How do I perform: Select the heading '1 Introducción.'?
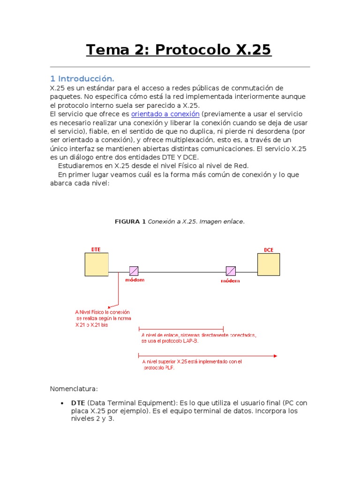(82, 78)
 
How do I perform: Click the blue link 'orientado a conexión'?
(165, 114)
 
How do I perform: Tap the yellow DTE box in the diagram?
(97, 264)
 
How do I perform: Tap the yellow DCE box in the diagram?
(269, 264)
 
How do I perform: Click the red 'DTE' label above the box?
(96, 249)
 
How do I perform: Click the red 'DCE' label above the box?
(269, 250)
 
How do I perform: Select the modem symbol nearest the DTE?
(134, 271)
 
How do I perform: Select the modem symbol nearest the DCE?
(231, 271)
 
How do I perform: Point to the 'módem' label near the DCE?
(230, 281)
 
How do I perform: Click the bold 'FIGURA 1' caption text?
(130, 222)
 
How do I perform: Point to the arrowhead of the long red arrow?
(274, 356)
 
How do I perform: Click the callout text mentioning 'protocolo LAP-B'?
(199, 338)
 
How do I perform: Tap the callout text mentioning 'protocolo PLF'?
(192, 364)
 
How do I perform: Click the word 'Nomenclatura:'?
(74, 389)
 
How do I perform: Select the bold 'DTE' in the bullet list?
(78, 403)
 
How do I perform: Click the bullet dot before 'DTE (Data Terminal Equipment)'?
(63, 403)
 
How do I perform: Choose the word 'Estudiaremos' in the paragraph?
(79, 166)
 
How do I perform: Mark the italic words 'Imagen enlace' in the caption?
(221, 222)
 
